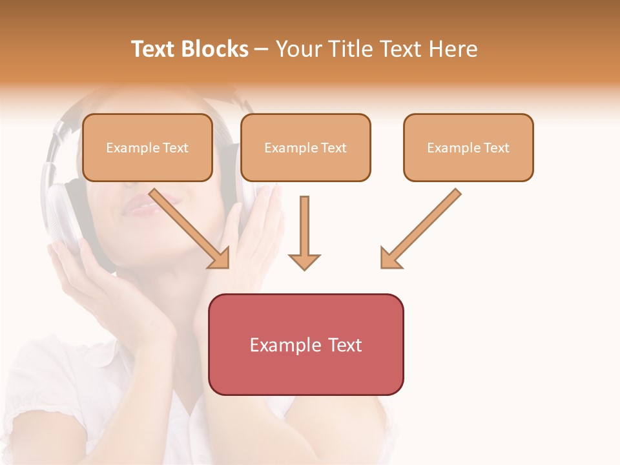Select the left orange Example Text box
(x=147, y=147)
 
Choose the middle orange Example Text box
(x=305, y=147)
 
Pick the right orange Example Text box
(x=468, y=147)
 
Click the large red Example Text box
(x=305, y=344)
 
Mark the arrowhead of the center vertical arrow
(x=304, y=261)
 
